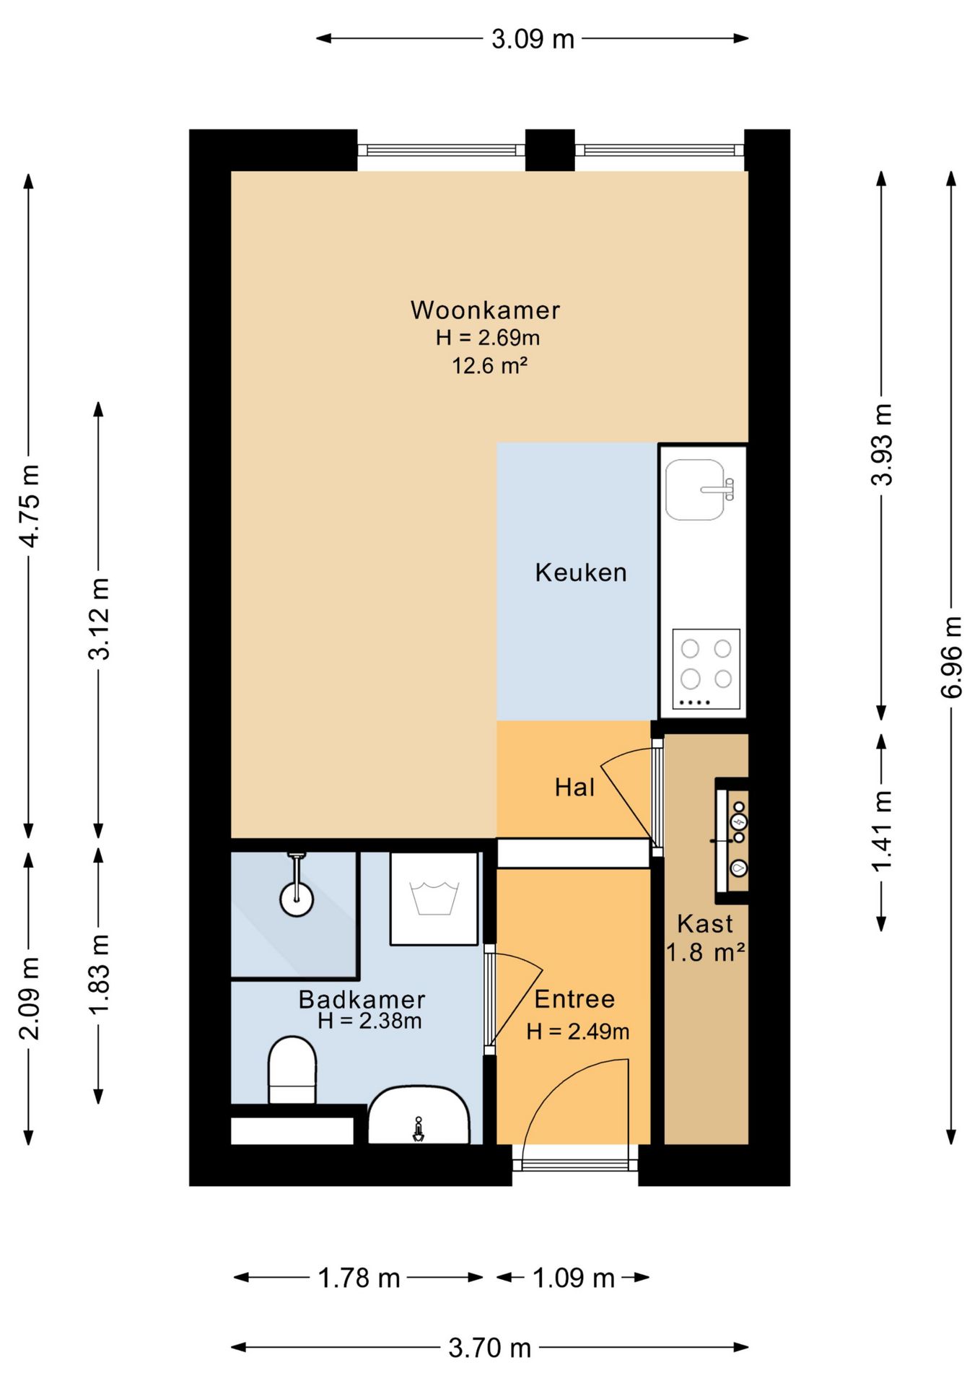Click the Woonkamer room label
485,310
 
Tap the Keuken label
581,572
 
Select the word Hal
574,787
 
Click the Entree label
574,999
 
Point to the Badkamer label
362,1000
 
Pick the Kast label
704,924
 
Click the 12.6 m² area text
489,366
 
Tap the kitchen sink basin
695,489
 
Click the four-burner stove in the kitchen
706,669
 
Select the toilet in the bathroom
292,1070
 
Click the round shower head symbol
297,899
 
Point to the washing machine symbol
434,899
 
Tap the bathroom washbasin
419,1115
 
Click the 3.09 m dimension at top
533,39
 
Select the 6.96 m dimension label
951,657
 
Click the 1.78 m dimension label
359,1278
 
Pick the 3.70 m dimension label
489,1348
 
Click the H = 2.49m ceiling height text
577,1032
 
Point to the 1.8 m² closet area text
705,953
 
